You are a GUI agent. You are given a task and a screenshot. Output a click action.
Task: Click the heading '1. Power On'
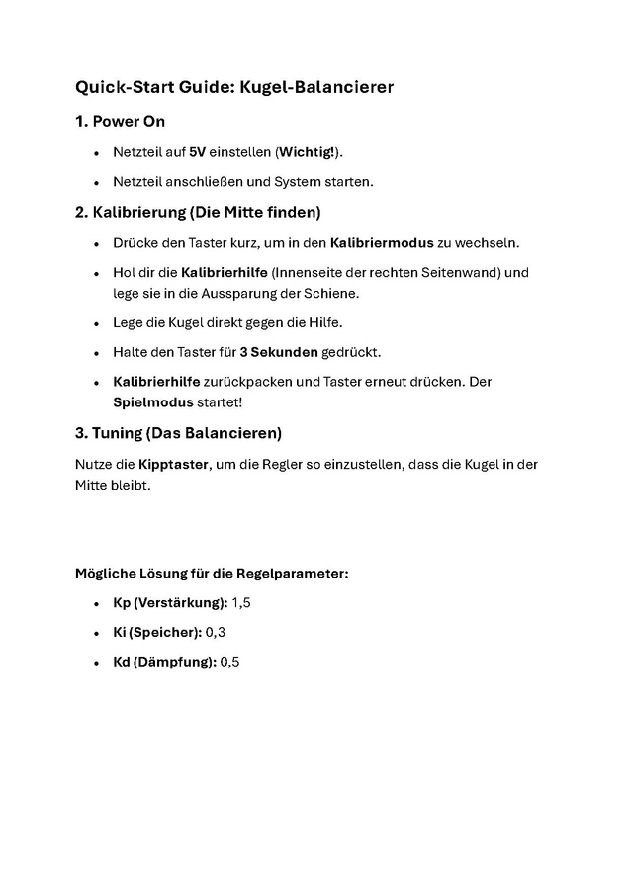pyautogui.click(x=120, y=122)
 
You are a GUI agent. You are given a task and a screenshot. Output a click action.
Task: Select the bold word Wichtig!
pyautogui.click(x=308, y=152)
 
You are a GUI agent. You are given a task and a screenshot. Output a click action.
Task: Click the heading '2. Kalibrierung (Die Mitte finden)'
pyautogui.click(x=198, y=212)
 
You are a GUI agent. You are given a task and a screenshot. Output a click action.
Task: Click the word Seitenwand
pyautogui.click(x=465, y=272)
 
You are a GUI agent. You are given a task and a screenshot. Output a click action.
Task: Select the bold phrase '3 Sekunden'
pyautogui.click(x=278, y=352)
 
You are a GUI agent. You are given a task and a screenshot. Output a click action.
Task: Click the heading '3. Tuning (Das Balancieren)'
pyautogui.click(x=179, y=433)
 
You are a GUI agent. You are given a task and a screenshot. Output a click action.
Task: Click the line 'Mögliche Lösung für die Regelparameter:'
pyautogui.click(x=212, y=573)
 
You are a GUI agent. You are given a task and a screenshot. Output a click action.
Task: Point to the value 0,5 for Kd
pyautogui.click(x=229, y=662)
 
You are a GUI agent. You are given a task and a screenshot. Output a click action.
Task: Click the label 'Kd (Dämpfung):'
pyautogui.click(x=164, y=662)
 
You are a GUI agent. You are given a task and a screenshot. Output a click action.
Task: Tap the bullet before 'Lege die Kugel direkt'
pyautogui.click(x=96, y=322)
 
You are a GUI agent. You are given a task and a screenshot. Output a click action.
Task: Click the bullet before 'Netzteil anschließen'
pyautogui.click(x=96, y=182)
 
